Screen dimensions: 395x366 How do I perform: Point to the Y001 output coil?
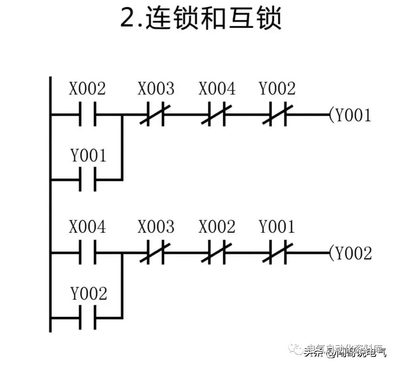[x=350, y=115]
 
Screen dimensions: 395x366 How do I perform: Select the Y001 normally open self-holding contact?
[x=88, y=180]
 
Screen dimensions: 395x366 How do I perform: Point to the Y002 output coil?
[x=350, y=253]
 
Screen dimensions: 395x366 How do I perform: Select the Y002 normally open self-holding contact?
[x=88, y=318]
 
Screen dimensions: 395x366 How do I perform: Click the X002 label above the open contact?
[x=88, y=89]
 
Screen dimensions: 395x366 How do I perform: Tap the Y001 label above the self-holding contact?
[x=88, y=156]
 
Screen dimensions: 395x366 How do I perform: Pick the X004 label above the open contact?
[x=88, y=227]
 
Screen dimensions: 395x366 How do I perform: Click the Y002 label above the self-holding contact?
[x=88, y=294]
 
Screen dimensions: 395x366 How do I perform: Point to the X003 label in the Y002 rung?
[x=156, y=227]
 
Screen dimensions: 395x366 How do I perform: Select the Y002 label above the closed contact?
[x=278, y=89]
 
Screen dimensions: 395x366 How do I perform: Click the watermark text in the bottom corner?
[x=344, y=351]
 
